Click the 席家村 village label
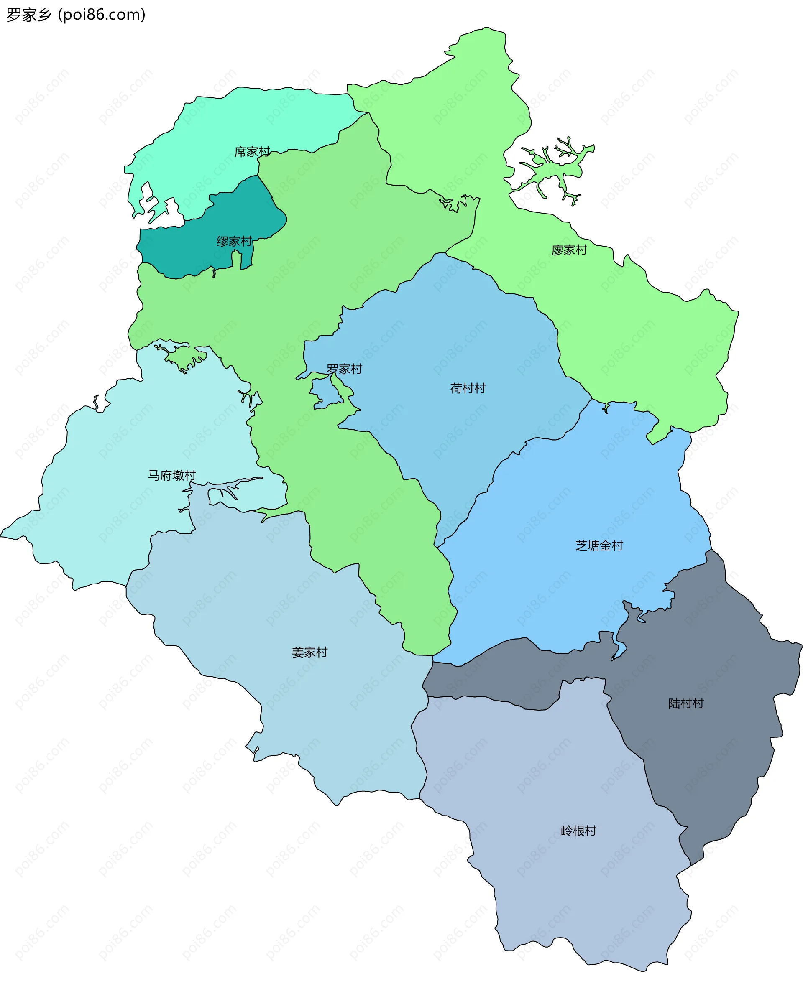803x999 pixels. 252,152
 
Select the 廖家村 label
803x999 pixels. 569,250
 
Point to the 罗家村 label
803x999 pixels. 344,369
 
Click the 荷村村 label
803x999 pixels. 468,388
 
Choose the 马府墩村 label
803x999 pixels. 171,475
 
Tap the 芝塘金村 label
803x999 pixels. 599,546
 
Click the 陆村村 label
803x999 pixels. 686,703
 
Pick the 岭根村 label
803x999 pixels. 578,831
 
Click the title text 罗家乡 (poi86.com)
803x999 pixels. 76,15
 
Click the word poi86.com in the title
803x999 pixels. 102,15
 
